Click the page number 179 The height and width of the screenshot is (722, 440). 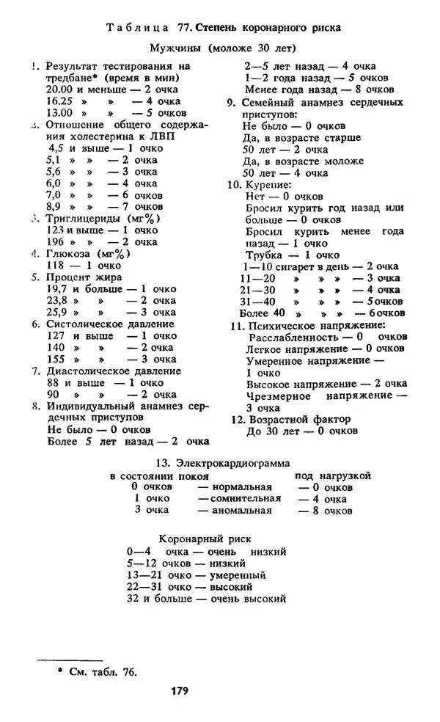pos(180,690)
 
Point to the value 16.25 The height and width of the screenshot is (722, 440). pos(59,102)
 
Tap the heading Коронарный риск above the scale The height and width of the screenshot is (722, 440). pos(206,538)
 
